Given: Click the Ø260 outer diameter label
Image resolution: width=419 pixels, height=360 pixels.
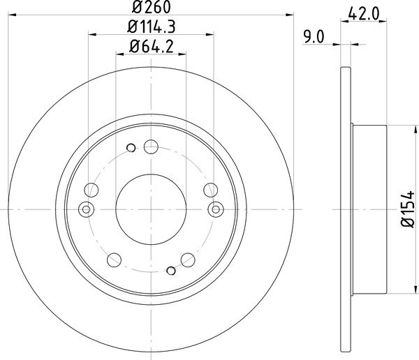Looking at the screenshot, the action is pyautogui.click(x=151, y=7).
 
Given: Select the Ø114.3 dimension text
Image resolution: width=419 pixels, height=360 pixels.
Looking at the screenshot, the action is pyautogui.click(x=152, y=27).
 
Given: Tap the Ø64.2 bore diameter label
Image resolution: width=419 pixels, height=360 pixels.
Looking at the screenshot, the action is pyautogui.click(x=152, y=46).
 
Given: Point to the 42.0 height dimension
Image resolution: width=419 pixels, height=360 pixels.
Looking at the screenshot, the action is pyautogui.click(x=364, y=14).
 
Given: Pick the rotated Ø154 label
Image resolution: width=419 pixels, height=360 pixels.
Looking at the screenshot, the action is pyautogui.click(x=408, y=209).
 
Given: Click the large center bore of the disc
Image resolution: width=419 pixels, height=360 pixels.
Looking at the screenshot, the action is pyautogui.click(x=151, y=209).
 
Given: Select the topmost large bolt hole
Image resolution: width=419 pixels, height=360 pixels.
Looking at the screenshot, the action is pyautogui.click(x=151, y=147).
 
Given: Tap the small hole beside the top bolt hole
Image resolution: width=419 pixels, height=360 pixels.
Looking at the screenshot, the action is pyautogui.click(x=131, y=148).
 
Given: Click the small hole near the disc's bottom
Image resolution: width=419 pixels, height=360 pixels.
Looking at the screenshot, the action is pyautogui.click(x=171, y=271).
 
